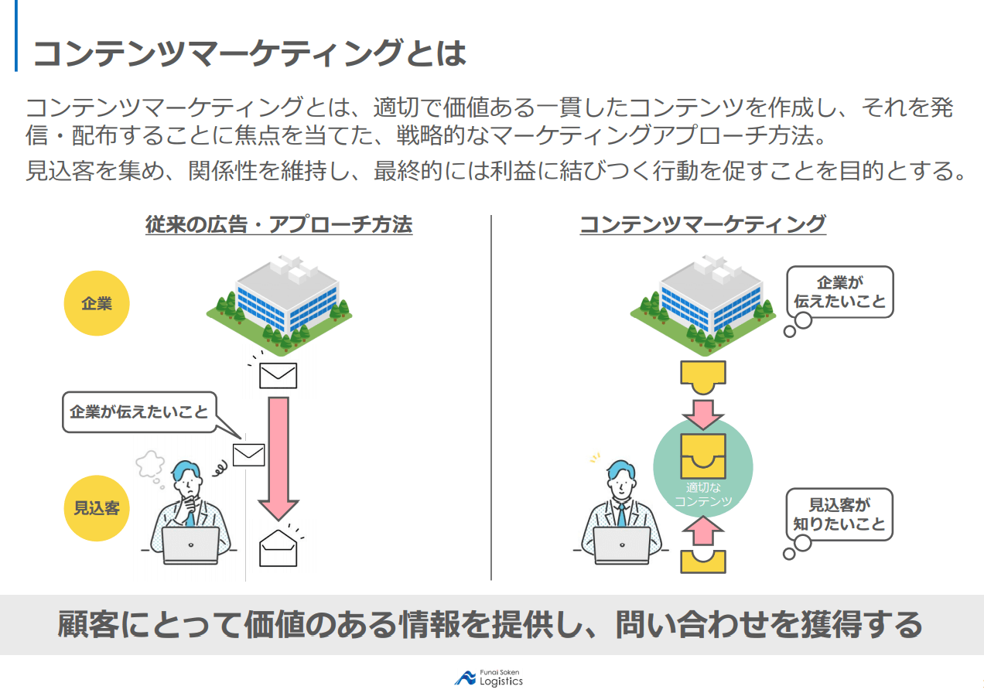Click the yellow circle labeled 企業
click(96, 303)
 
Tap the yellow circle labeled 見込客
click(96, 508)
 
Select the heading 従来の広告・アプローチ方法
click(279, 225)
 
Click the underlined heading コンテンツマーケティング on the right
click(702, 225)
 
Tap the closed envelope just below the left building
click(278, 375)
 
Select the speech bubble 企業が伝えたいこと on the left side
click(139, 412)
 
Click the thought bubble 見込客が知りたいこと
click(839, 515)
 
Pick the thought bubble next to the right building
click(839, 292)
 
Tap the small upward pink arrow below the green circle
click(702, 531)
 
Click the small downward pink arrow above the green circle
click(702, 414)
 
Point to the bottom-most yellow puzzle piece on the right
click(702, 561)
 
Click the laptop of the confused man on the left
click(190, 543)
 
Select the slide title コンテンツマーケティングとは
click(249, 53)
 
